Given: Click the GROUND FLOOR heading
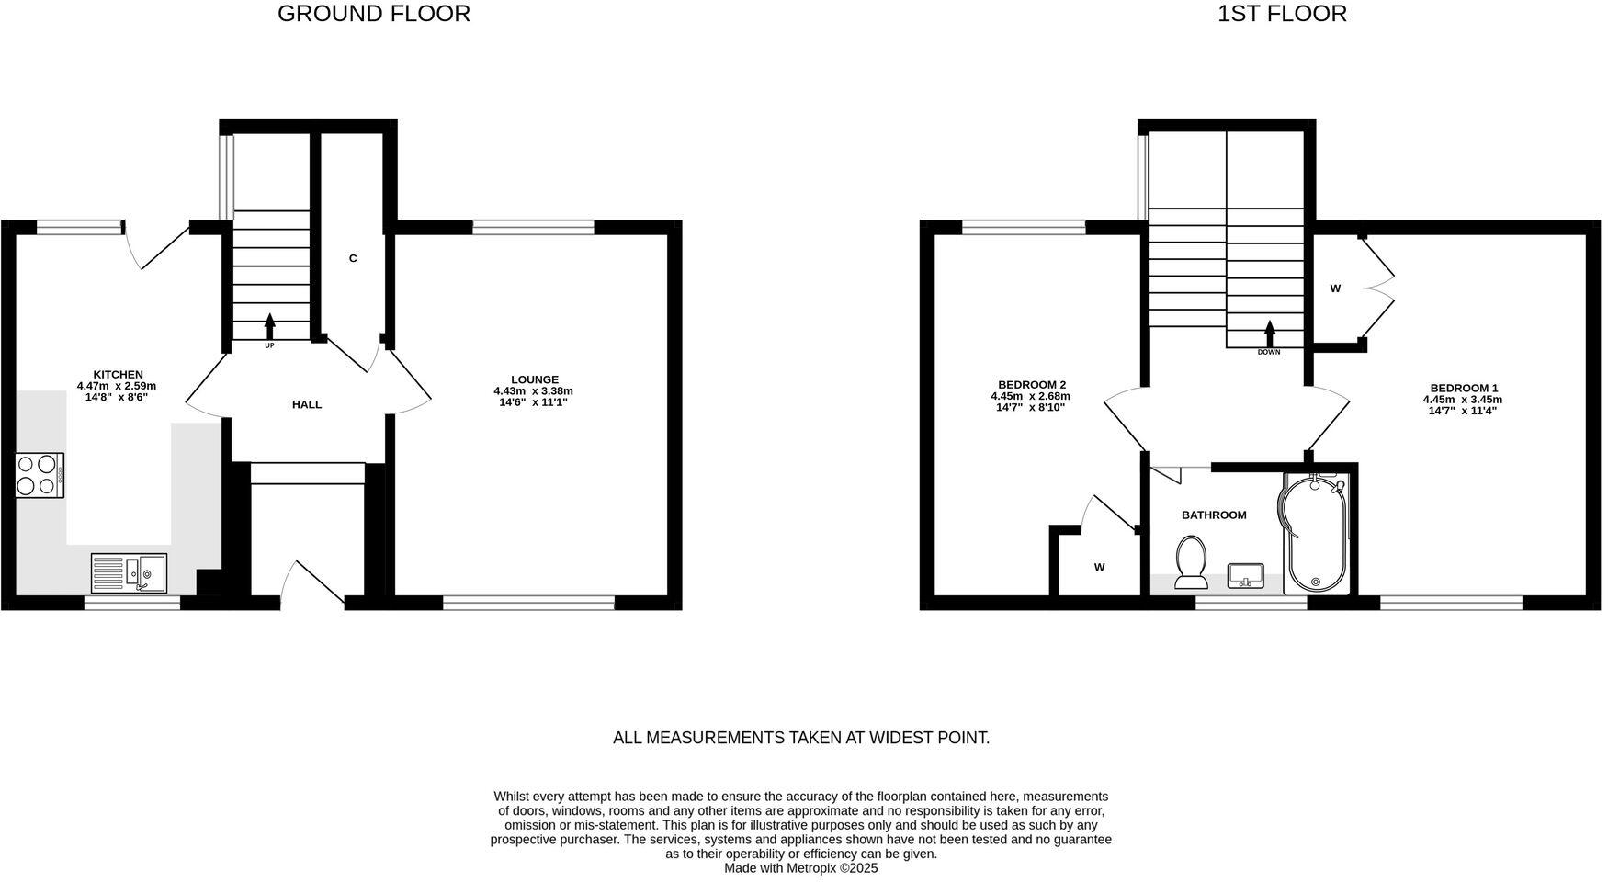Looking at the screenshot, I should tap(373, 14).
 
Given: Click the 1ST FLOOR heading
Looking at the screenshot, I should tap(1282, 14).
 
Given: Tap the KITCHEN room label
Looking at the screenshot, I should tap(118, 374).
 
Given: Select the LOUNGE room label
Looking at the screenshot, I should tap(535, 379).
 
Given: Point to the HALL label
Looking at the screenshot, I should tap(307, 404).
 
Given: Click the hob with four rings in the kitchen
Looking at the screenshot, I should tap(40, 476).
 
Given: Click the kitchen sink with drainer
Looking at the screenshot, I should tap(129, 573).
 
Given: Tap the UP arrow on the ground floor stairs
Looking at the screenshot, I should tap(269, 326).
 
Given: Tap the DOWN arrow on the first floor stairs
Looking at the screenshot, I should tap(1270, 333).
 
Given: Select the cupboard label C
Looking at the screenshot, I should tap(353, 259).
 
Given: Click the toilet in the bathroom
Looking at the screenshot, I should tap(1191, 561).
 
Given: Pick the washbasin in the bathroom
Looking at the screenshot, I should tap(1246, 576).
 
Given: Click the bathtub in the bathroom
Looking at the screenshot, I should tap(1315, 533).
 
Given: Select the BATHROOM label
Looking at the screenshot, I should tap(1214, 515).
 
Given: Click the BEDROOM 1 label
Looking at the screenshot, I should tap(1463, 388).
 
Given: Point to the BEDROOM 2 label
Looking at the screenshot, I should tap(1031, 385).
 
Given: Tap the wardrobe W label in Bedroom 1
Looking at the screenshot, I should tap(1335, 288).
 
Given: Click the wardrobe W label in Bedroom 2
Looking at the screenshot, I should tap(1099, 568).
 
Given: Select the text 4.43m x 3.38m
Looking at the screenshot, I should tap(533, 391).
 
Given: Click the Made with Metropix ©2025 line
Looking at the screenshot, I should tap(800, 868).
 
